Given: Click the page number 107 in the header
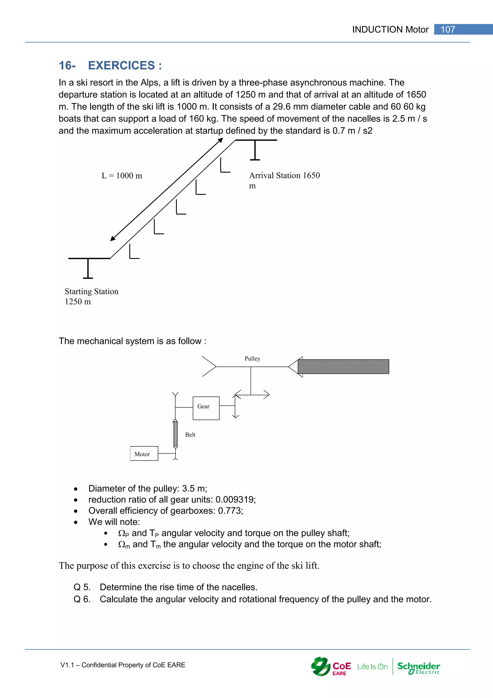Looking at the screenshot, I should point(448,29).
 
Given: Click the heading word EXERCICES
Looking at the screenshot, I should point(121,65).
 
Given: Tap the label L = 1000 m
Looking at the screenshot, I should point(122,176).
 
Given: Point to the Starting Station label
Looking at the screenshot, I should point(91,292).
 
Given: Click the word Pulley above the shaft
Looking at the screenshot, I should point(252,359).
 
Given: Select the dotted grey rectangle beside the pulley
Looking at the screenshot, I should point(343,367).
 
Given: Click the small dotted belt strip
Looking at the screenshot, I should point(175,434).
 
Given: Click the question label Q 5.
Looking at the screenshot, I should point(82,587).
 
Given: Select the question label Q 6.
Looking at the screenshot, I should point(82,599).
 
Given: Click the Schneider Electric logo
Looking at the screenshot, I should point(418,666).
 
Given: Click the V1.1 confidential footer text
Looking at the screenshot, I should point(123,665).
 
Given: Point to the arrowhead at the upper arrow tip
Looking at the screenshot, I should point(221,140).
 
